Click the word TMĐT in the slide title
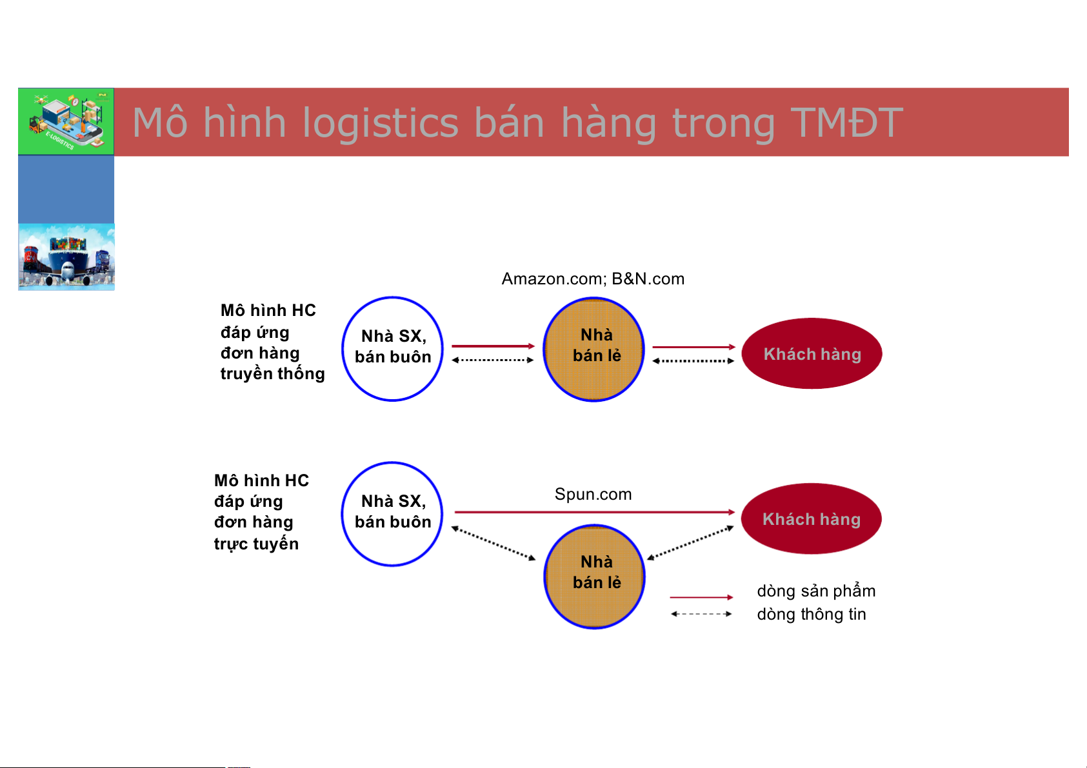click(x=847, y=123)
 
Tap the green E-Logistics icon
click(x=66, y=121)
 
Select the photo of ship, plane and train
click(x=66, y=257)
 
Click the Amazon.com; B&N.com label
click(x=593, y=279)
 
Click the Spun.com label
click(x=593, y=494)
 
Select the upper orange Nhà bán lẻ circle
click(x=594, y=350)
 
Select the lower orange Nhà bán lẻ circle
click(x=594, y=577)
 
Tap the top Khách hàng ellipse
click(x=812, y=353)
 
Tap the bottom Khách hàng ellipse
click(x=812, y=518)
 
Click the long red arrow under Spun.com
click(x=594, y=512)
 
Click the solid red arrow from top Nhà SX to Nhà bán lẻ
click(x=493, y=346)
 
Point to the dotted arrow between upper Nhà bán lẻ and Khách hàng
click(x=693, y=360)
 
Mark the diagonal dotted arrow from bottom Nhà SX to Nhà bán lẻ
click(x=494, y=544)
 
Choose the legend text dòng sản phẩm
click(x=816, y=591)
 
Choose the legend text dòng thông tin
click(x=812, y=614)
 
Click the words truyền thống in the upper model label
click(x=273, y=373)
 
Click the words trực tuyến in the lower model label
click(x=256, y=544)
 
